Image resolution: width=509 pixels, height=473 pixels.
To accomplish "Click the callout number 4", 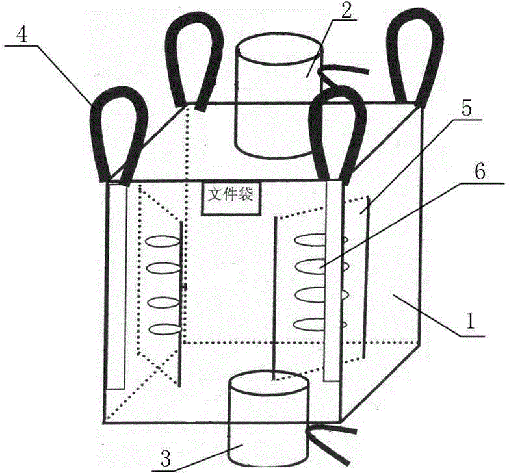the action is (x=21, y=34).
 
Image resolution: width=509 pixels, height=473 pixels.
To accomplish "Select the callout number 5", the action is (x=467, y=109).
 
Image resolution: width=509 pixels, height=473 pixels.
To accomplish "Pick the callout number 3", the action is (x=166, y=459).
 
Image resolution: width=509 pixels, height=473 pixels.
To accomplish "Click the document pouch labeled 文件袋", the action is (x=231, y=198).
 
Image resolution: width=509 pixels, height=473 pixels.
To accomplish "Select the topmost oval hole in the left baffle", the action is (x=163, y=241).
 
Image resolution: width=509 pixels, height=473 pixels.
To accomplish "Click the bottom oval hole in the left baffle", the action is (x=164, y=329).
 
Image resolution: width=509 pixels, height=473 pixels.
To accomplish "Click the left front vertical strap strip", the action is (x=116, y=285).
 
